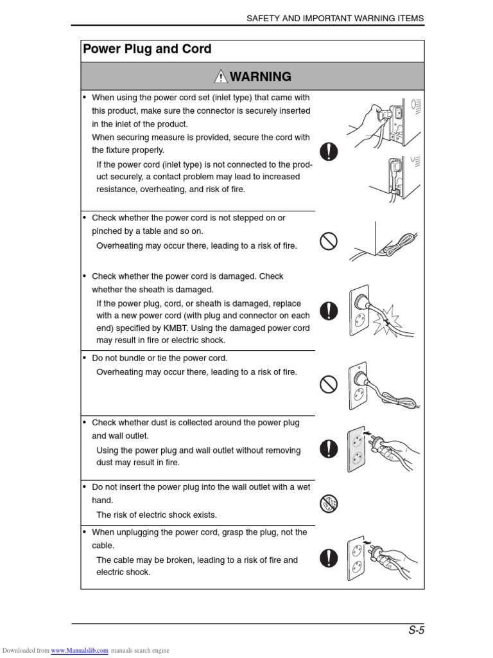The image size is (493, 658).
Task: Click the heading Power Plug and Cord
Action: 147,49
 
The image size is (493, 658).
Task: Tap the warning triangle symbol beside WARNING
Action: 221,77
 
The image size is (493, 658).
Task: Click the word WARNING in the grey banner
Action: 260,77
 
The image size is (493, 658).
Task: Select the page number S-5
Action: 417,630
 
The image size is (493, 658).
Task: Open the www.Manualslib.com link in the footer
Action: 79,650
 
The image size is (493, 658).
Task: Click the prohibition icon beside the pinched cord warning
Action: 329,242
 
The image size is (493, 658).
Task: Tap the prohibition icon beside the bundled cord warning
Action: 329,385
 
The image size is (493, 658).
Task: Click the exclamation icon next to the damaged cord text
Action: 329,311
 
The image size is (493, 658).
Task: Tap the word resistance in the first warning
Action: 117,190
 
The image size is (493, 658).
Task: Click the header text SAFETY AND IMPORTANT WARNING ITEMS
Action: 335,19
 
